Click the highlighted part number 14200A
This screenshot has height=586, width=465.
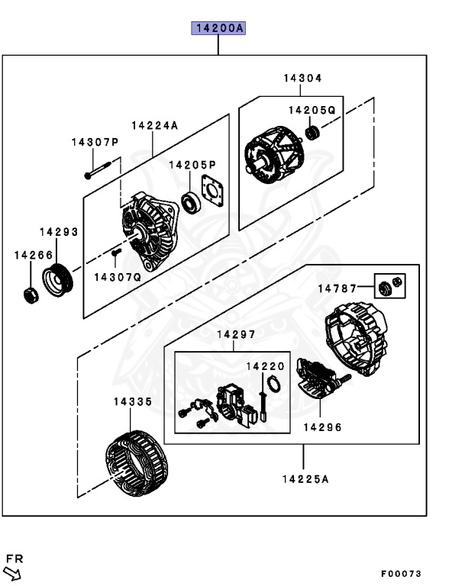click(218, 29)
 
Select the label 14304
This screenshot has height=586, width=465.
click(302, 78)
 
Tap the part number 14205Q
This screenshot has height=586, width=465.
click(312, 110)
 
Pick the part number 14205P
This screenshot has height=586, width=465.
click(192, 164)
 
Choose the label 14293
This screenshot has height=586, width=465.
click(59, 231)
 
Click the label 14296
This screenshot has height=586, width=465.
click(322, 427)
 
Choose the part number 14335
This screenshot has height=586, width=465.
click(133, 401)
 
